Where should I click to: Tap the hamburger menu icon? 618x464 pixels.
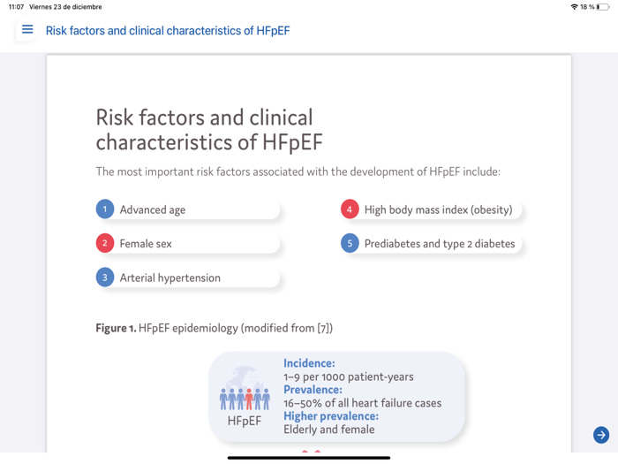click(x=27, y=30)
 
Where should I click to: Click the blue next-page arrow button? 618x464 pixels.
click(x=601, y=435)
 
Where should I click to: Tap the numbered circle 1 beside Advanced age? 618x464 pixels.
click(x=105, y=209)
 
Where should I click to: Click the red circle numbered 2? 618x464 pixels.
click(x=105, y=243)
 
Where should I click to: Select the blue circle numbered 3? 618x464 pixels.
click(x=105, y=278)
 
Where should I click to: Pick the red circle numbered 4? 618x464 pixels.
click(x=350, y=209)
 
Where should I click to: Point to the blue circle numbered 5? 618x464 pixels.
click(x=350, y=243)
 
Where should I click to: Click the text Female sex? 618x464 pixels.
click(x=146, y=244)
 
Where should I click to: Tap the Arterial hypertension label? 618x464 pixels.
click(x=170, y=278)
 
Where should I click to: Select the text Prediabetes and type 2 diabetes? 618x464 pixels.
click(x=440, y=244)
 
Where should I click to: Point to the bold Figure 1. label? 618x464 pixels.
click(x=116, y=328)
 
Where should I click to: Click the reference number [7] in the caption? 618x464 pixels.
click(x=323, y=328)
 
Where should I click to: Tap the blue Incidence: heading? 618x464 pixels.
click(x=309, y=363)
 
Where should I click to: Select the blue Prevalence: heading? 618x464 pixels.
click(x=313, y=390)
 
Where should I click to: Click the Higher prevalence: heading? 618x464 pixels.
click(x=331, y=416)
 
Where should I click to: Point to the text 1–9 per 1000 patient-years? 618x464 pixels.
click(x=348, y=377)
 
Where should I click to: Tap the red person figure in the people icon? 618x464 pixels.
click(x=249, y=399)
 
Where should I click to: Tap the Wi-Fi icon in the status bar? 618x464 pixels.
click(x=574, y=7)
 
